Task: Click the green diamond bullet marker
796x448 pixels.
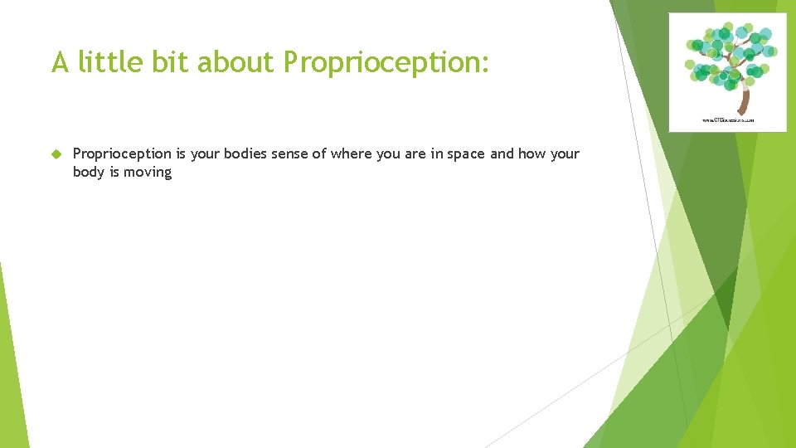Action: [56, 154]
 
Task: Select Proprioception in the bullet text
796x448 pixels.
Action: [122, 154]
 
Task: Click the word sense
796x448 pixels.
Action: [290, 154]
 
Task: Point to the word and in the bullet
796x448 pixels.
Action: [502, 154]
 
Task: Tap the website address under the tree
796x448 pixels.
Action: [728, 120]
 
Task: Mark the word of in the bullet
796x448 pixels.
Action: [319, 154]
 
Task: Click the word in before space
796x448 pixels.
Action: [436, 154]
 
